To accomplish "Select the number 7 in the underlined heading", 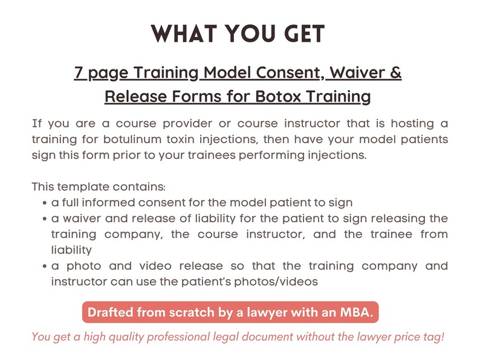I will [79, 73].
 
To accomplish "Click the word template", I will [77, 187].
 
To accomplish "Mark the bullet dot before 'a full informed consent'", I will [45, 203].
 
